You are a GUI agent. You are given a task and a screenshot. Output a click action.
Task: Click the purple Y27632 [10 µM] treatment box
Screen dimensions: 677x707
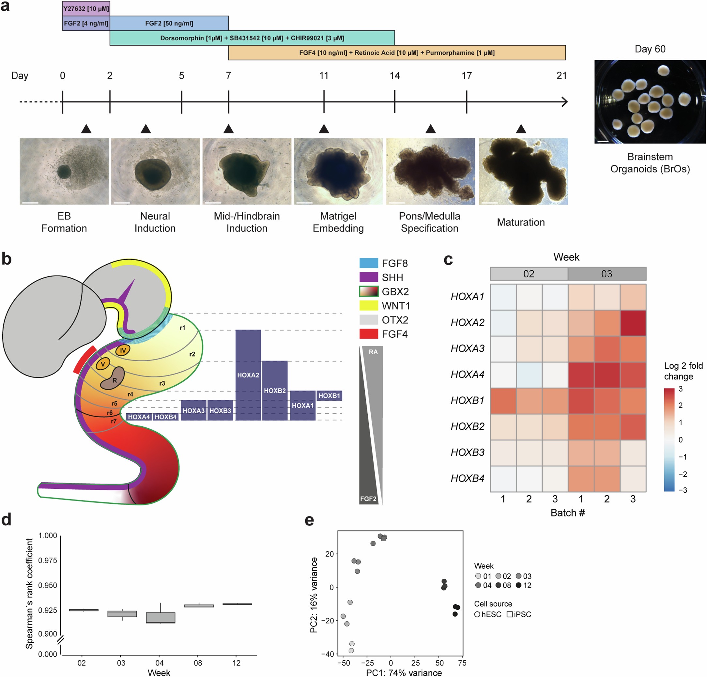86,8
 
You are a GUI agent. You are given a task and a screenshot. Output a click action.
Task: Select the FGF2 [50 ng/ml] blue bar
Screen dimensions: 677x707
169,23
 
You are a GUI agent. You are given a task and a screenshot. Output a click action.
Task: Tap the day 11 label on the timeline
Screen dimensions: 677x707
324,75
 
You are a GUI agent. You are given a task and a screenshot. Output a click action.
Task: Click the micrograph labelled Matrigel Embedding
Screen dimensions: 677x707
338,171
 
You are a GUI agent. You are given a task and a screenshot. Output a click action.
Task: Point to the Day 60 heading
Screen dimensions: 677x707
650,49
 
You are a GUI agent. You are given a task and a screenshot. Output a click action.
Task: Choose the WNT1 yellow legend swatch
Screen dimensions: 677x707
369,305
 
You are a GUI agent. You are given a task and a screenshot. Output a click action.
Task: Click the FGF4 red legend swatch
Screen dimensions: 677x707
369,334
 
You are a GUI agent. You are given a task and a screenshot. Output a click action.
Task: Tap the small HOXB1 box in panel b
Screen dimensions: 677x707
329,396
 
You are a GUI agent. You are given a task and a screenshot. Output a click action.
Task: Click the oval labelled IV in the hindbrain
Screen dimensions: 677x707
123,350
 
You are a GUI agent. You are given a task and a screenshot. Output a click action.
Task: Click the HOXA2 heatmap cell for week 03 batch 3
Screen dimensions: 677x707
633,322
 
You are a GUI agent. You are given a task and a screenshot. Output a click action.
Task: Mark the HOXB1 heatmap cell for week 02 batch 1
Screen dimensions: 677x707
503,400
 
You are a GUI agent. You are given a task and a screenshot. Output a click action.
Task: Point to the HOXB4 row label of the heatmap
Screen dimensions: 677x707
467,478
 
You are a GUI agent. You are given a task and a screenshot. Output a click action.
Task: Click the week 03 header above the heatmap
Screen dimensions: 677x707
607,274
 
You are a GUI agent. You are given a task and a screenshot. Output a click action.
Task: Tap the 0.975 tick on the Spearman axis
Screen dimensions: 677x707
48,560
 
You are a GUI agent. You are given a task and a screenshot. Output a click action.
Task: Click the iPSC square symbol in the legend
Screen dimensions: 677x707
509,614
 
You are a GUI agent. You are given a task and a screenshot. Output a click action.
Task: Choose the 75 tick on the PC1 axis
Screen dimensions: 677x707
462,663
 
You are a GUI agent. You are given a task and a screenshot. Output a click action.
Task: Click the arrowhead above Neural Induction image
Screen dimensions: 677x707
146,129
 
